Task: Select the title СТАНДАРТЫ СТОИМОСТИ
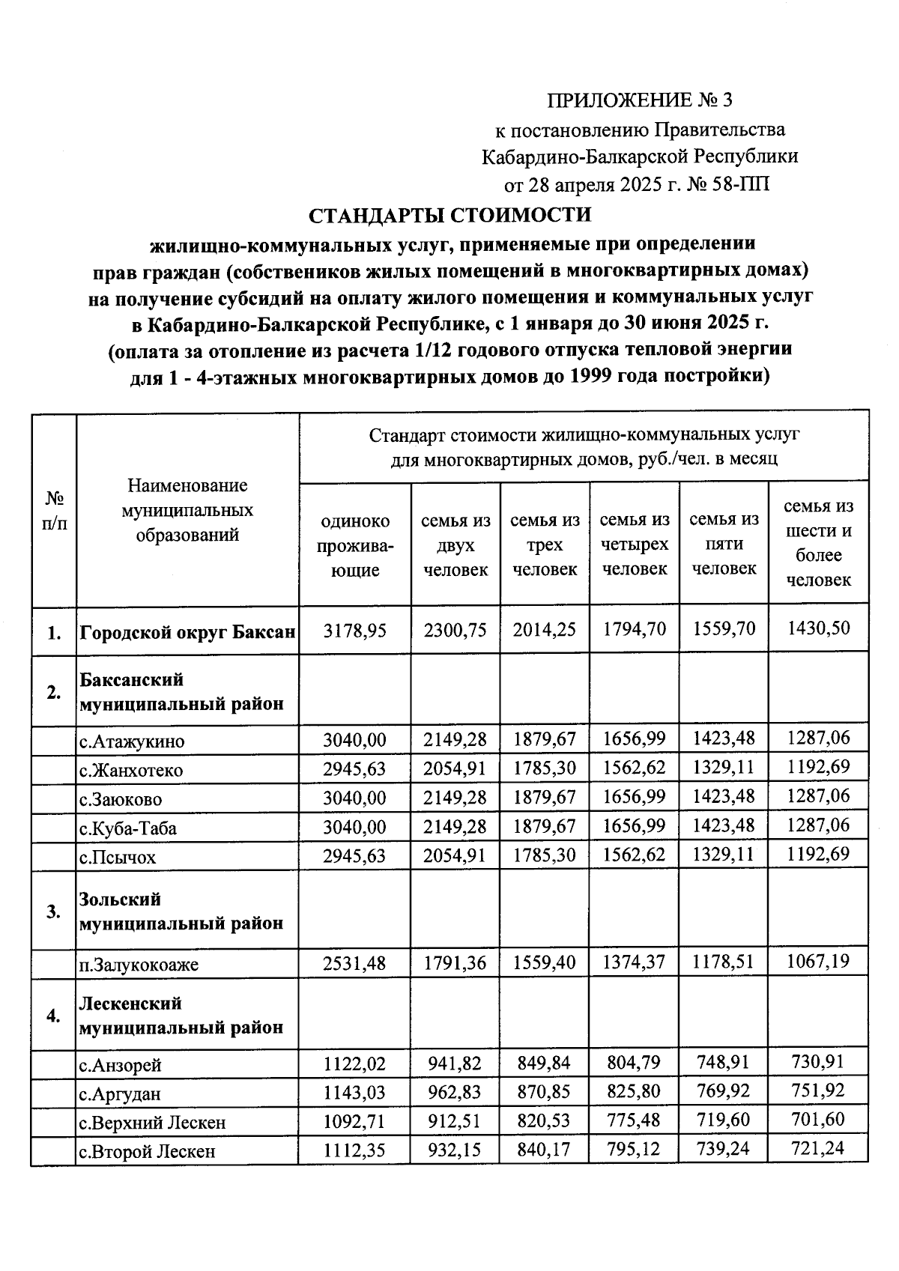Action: click(x=450, y=215)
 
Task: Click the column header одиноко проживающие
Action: click(x=355, y=545)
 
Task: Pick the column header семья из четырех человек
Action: click(x=635, y=544)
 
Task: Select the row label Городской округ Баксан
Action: click(x=187, y=631)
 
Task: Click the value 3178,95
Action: click(x=355, y=630)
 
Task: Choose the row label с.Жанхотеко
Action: click(x=132, y=771)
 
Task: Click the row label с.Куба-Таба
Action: click(x=129, y=828)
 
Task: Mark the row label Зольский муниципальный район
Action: click(x=181, y=911)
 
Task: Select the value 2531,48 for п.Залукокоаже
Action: click(x=355, y=963)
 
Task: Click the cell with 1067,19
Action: click(x=818, y=961)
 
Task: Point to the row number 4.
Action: click(x=54, y=1016)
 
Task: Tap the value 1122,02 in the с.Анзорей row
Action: click(x=355, y=1064)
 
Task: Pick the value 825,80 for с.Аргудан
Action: click(x=635, y=1091)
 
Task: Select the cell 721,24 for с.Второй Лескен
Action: click(x=818, y=1148)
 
